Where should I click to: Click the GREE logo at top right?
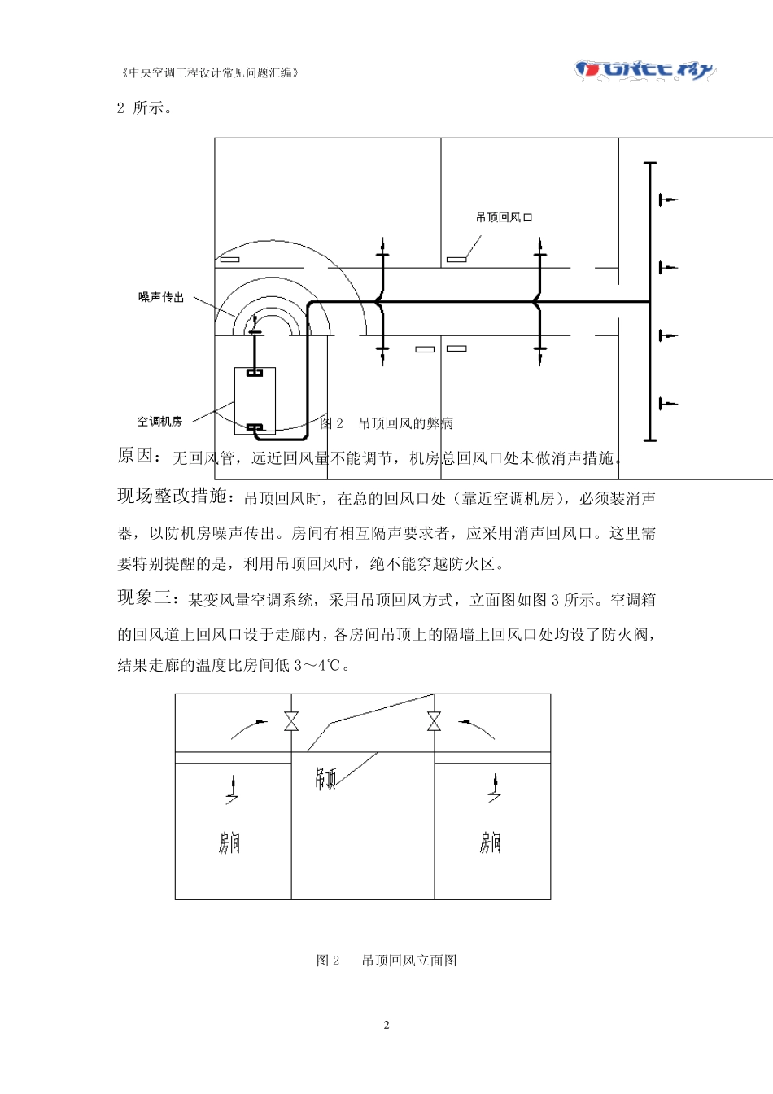tap(644, 70)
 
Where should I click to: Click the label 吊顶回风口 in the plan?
tap(504, 217)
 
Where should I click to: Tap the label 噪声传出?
tap(161, 298)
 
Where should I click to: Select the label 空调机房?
tap(159, 422)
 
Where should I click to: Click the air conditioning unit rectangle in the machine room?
tap(255, 400)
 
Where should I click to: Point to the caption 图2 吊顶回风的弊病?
tap(386, 423)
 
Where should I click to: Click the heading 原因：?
tap(139, 457)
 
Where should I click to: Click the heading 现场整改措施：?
tap(178, 497)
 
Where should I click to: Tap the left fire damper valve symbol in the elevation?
tap(291, 721)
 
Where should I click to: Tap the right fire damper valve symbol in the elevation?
tap(434, 721)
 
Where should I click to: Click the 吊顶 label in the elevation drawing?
tap(325, 780)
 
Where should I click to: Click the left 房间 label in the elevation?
tap(229, 842)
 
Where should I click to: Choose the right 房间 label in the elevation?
tap(490, 842)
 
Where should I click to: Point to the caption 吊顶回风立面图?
tap(408, 961)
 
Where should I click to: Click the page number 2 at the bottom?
tap(386, 1025)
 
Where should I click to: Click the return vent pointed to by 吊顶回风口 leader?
tap(456, 260)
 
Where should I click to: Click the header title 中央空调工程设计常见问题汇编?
tap(210, 72)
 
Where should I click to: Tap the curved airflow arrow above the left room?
tap(248, 728)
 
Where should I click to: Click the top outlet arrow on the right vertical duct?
tap(667, 199)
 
